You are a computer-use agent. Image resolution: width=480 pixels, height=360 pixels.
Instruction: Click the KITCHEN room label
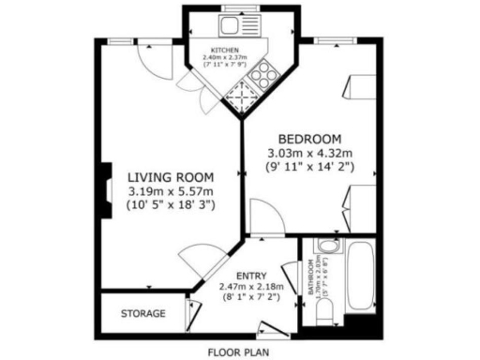click(224, 49)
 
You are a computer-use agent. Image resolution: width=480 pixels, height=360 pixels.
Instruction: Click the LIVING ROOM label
click(171, 176)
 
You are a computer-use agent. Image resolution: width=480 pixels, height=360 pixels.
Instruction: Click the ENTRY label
click(251, 275)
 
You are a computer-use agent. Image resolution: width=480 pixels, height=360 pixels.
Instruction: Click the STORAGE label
click(142, 313)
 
